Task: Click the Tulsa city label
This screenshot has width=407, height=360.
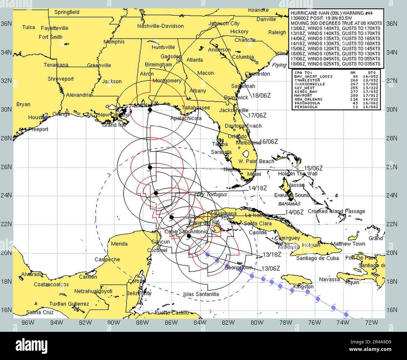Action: click(28, 27)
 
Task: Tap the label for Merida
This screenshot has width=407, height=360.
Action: click(119, 244)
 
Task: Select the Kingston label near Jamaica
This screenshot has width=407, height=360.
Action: click(303, 286)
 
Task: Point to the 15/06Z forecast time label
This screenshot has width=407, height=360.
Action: click(313, 168)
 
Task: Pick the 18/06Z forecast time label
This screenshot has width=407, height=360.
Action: click(261, 96)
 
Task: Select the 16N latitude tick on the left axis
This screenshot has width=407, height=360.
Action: click(6, 310)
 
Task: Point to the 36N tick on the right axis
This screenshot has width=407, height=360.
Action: click(392, 23)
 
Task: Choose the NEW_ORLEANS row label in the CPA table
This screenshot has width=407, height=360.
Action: click(308, 99)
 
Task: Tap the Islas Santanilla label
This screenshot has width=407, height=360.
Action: click(201, 294)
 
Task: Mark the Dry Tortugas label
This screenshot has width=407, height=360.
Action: click(212, 194)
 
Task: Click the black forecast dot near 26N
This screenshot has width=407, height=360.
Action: click(150, 167)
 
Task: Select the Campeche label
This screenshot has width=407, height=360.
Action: click(107, 260)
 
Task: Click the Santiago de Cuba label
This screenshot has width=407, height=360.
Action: click(317, 258)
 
